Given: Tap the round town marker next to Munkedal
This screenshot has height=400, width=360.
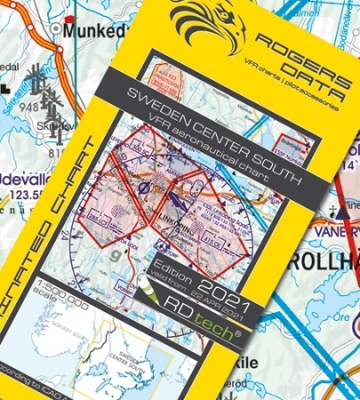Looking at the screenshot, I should click(60, 28).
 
